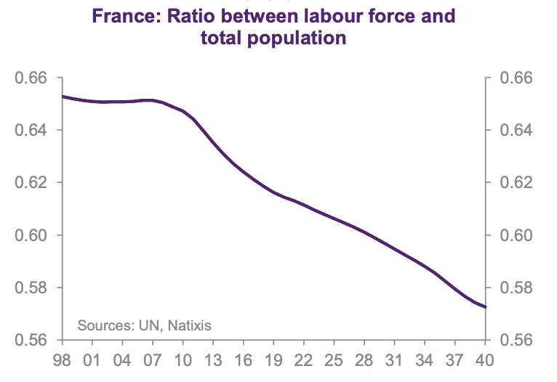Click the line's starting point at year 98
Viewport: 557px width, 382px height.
pos(63,97)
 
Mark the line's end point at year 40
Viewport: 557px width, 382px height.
pos(485,307)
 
